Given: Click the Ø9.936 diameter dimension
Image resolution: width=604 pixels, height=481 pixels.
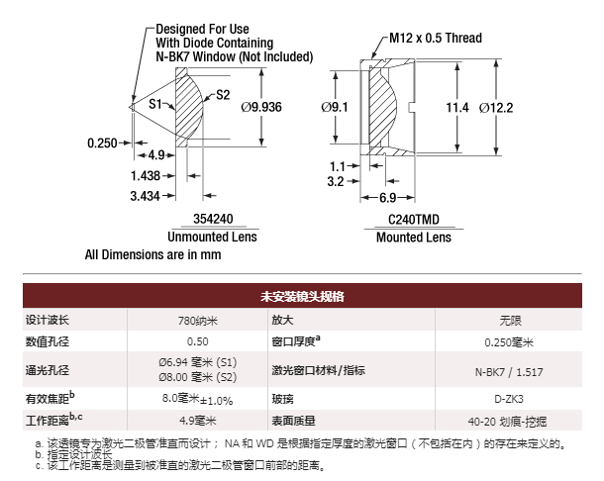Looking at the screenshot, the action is coord(261,107).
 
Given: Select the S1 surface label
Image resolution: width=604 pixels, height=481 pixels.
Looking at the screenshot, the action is coord(155,104).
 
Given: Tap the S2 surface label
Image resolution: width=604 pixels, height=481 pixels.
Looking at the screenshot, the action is coord(223,95).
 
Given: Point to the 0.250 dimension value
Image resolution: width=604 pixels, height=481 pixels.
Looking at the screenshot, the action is coord(102,144).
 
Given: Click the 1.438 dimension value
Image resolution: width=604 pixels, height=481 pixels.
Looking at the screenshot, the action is coord(146,175).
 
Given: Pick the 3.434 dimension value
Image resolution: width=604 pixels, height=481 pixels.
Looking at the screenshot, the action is coord(145,196).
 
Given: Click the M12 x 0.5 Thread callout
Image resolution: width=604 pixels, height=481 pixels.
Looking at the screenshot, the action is coord(436,38).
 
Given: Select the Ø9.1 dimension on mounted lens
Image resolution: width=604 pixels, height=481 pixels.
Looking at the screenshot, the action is coord(335,107).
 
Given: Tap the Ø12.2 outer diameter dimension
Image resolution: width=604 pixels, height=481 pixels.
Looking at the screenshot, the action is coord(496,108).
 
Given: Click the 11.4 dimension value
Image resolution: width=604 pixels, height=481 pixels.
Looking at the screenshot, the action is coord(457,108).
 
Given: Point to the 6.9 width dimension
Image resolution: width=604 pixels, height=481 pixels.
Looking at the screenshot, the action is coord(387,198).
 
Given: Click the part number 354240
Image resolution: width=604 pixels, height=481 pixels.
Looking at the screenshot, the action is coord(213,219).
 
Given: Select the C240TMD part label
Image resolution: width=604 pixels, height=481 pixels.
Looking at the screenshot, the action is coord(414,220).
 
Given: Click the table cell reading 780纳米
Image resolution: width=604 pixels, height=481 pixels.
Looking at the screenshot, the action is coord(198,321).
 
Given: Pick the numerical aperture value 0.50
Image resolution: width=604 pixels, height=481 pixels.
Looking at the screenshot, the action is coord(198,341).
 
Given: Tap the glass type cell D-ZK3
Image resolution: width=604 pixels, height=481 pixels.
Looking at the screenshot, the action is coord(509,399).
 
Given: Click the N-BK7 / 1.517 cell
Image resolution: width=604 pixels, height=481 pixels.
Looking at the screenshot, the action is coord(509,372).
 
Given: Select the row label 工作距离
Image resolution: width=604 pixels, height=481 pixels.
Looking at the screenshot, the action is coord(48,421).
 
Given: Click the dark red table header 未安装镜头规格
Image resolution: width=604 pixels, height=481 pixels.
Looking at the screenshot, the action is coord(302,296).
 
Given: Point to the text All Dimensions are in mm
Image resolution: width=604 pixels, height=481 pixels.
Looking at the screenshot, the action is coord(152,254).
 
